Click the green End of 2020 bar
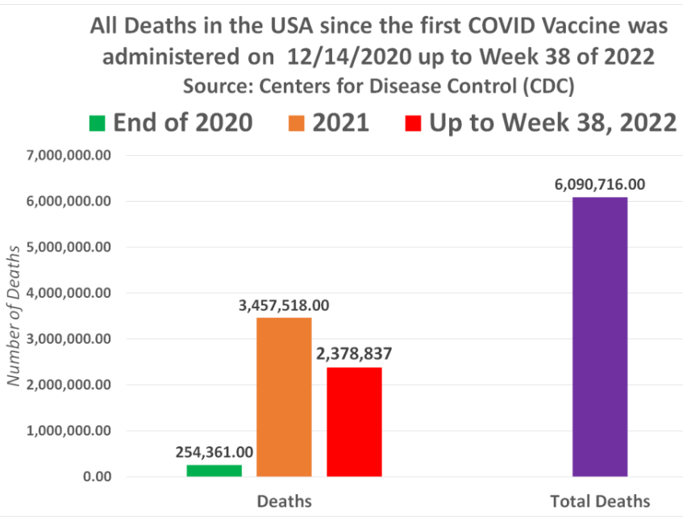point(214,470)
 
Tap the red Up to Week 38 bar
point(354,421)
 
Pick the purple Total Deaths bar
point(599,337)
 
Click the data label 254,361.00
point(214,452)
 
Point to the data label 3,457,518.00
point(284,306)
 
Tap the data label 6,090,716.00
point(599,184)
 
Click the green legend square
point(98,124)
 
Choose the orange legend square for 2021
point(296,124)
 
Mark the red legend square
point(413,124)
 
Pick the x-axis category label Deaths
point(284,501)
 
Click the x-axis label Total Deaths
point(599,501)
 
